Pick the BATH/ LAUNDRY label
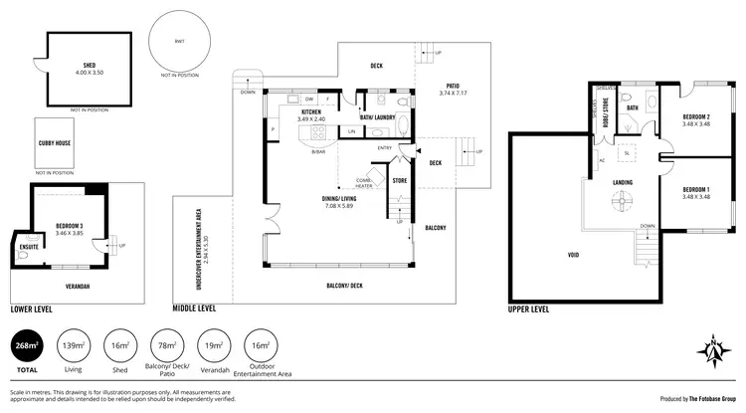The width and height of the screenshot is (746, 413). (378, 117)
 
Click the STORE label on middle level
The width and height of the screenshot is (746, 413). (400, 181)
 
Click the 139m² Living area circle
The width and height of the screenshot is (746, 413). (72, 346)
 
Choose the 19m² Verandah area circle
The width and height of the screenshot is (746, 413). (212, 346)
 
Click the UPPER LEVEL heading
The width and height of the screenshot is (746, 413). (529, 310)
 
